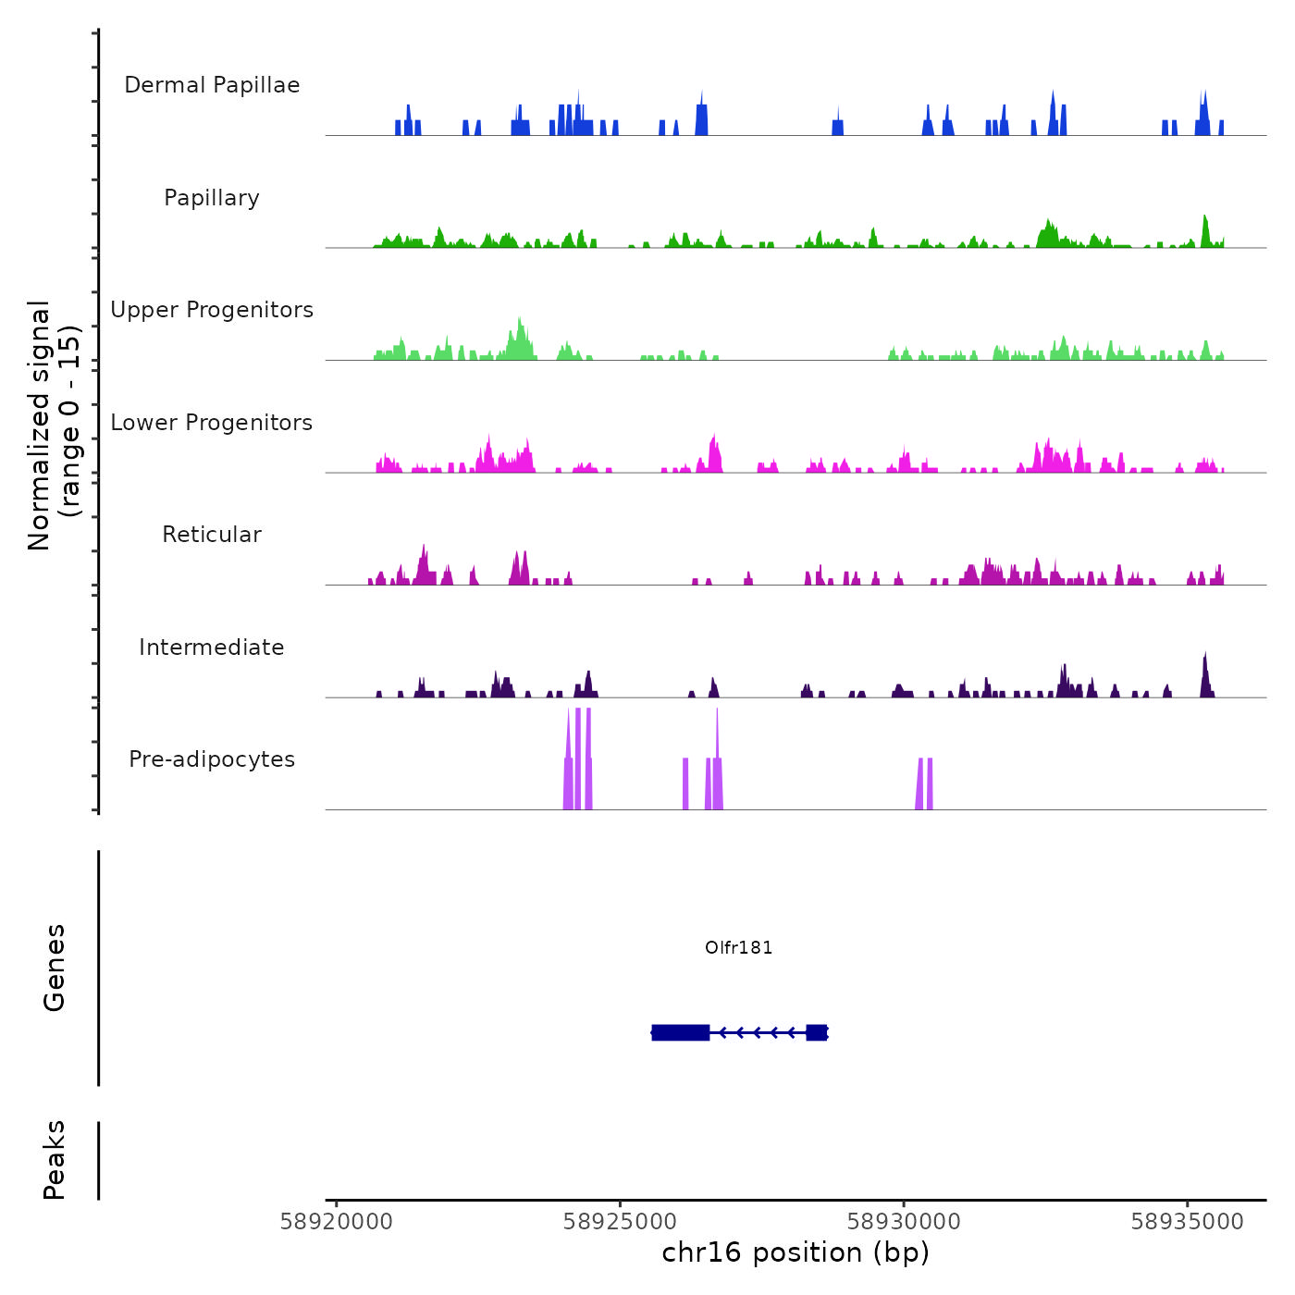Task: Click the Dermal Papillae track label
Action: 212,85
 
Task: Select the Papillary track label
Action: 212,198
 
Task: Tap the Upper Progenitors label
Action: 212,310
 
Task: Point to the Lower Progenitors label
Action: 212,423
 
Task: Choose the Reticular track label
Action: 212,535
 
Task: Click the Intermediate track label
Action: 212,647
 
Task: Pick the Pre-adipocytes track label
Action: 212,759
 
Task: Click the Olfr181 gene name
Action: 738,947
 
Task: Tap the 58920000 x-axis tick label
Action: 337,1222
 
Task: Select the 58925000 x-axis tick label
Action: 621,1222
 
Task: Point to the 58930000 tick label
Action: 904,1222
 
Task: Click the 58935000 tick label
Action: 1188,1222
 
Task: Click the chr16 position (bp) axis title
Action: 795,1252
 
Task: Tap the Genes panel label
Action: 55,968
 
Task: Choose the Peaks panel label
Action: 55,1160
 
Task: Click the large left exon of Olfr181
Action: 681,1032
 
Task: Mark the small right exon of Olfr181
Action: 816,1032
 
